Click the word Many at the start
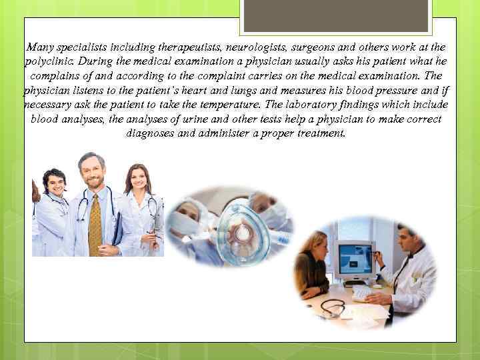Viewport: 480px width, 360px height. click(x=39, y=47)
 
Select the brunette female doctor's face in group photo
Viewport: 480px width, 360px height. click(x=138, y=179)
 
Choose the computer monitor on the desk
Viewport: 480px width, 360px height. click(x=355, y=261)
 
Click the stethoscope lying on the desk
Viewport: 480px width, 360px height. click(x=333, y=307)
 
